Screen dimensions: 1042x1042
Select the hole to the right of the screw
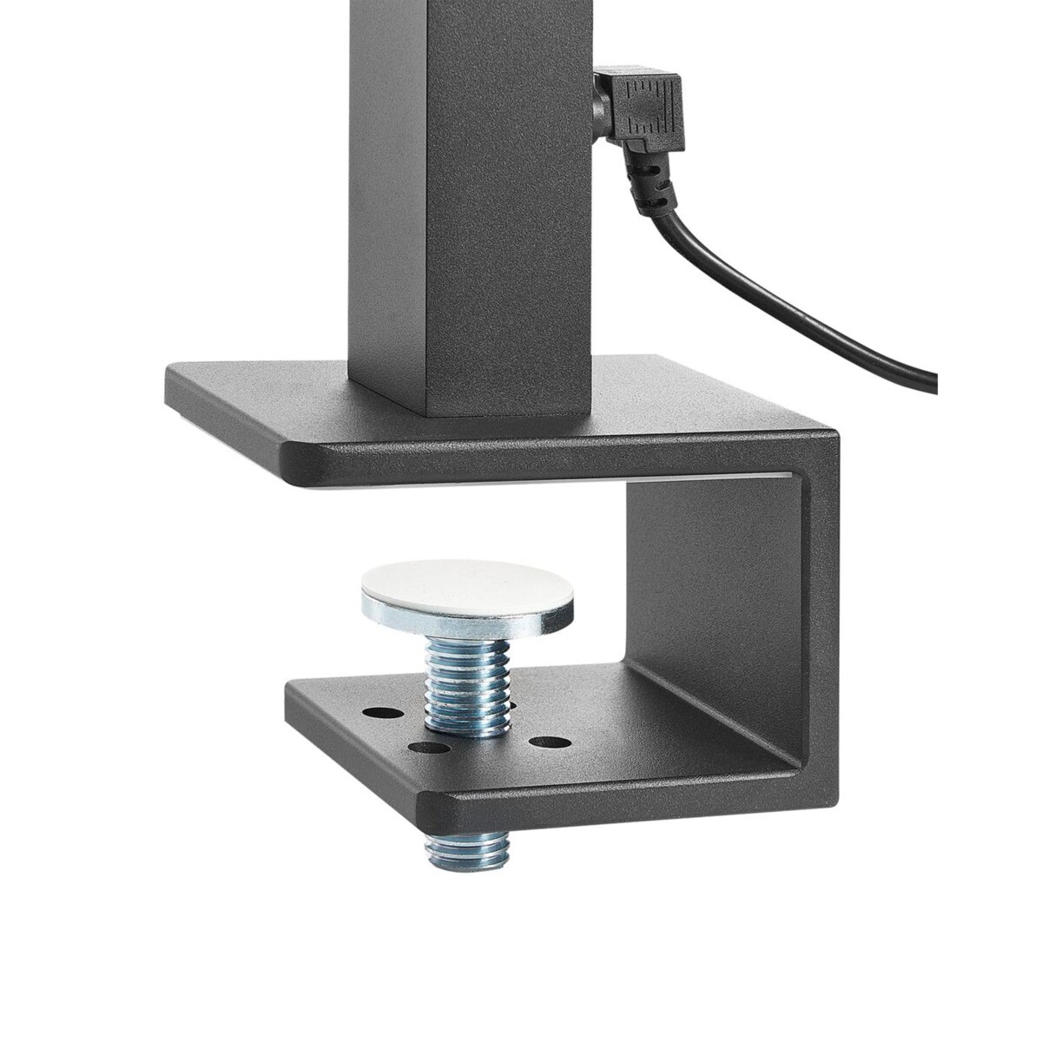pos(544,743)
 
